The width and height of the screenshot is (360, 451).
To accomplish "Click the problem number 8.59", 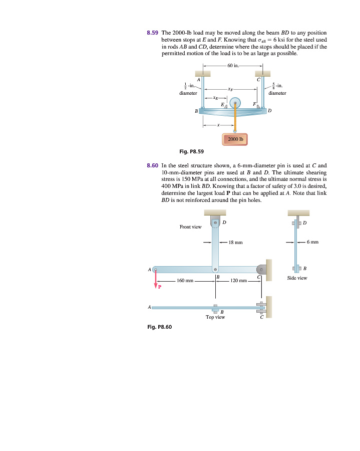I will (153, 32).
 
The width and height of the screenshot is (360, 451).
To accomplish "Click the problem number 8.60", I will (153, 164).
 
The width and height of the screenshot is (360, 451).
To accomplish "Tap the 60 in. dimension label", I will (233, 65).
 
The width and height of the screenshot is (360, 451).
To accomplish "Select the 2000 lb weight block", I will (235, 139).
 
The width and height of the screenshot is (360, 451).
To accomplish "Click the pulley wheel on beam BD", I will (235, 102).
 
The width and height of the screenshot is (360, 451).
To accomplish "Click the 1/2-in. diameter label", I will (188, 88).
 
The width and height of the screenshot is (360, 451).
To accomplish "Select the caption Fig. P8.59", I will (191, 151).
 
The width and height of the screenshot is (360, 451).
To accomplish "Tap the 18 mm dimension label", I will (235, 243).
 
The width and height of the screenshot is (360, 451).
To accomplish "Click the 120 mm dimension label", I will (239, 281).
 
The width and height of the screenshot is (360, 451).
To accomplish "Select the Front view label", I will (190, 227).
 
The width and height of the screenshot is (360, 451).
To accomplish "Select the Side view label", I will (297, 278).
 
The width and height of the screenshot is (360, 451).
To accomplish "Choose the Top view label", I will (215, 317).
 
